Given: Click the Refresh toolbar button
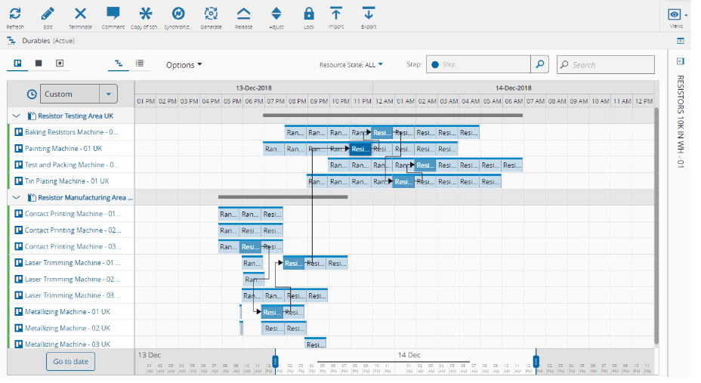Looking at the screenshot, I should pyautogui.click(x=15, y=14).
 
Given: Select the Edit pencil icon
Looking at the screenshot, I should pyautogui.click(x=48, y=14).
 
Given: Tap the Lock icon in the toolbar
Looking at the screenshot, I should pyautogui.click(x=308, y=14).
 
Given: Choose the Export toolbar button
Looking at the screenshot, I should pyautogui.click(x=368, y=14).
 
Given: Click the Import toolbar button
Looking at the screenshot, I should pyautogui.click(x=336, y=14).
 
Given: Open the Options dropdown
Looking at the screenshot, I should pyautogui.click(x=184, y=65).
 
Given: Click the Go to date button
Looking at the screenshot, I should pyautogui.click(x=70, y=361).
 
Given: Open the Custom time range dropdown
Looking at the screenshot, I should pyautogui.click(x=109, y=94).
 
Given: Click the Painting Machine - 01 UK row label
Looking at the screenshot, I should pyautogui.click(x=63, y=149).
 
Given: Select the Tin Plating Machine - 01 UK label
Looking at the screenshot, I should pyautogui.click(x=66, y=181).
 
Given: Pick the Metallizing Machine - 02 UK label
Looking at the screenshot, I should pyautogui.click(x=67, y=328).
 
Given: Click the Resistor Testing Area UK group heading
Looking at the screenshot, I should pyautogui.click(x=75, y=116).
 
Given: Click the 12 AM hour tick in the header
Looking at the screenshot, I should pyautogui.click(x=384, y=101).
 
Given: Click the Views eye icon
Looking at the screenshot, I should pyautogui.click(x=675, y=14).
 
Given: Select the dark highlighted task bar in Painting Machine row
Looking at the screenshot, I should pyautogui.click(x=360, y=149).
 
